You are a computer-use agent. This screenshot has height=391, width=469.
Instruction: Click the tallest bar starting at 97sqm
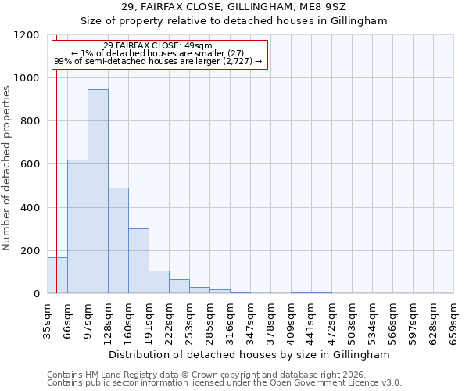coord(98,192)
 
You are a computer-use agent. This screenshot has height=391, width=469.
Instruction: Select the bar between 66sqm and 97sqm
coord(77,227)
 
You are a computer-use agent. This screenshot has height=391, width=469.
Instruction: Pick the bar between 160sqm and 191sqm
coord(138,261)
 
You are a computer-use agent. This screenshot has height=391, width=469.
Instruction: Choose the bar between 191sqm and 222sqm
coord(159,282)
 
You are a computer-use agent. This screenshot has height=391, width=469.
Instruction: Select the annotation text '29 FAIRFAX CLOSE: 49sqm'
coord(157,46)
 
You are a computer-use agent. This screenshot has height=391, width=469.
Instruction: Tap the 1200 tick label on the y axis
coord(27,35)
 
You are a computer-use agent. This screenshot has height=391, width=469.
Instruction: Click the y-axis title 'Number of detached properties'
coord(8,169)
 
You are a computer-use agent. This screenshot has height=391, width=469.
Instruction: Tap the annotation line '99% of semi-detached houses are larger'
coord(157,61)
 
